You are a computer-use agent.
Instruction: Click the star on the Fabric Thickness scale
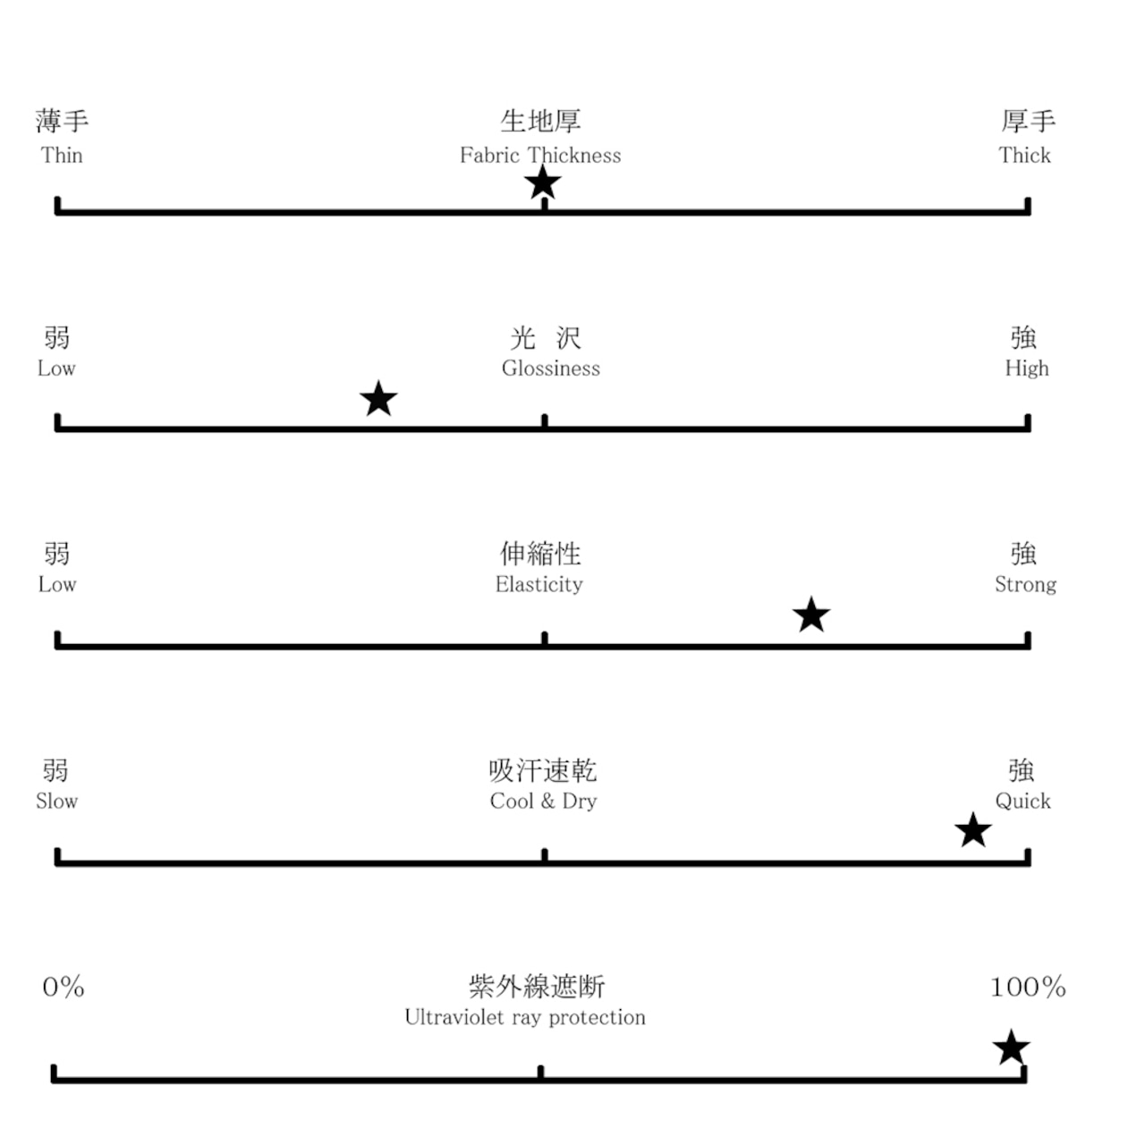coord(543,183)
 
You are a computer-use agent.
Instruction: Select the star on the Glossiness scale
coord(378,399)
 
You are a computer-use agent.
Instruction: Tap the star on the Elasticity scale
coord(811,615)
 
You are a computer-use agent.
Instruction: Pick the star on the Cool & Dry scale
coord(973,831)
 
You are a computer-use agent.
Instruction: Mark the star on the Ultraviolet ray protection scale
coord(1012,1047)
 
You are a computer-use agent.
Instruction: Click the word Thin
coord(62,156)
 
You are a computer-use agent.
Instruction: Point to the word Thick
coord(1025,156)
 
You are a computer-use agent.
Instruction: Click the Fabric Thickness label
coord(540,156)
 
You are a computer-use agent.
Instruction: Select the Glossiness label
coord(551,369)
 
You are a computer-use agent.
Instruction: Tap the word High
coord(1027,369)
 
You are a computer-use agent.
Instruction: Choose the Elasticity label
coord(539,585)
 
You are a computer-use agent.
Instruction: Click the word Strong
coord(1026,585)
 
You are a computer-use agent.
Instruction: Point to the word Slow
coord(57,801)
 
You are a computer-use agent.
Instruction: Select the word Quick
coord(1023,801)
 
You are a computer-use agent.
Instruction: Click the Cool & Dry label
coord(543,801)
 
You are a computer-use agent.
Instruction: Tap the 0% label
coord(64,988)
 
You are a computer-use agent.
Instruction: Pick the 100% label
coord(1028,988)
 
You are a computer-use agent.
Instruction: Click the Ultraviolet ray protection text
coord(525,1018)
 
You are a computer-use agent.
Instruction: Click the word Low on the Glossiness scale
coord(56,369)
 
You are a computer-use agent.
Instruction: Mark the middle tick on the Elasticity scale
coord(545,639)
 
